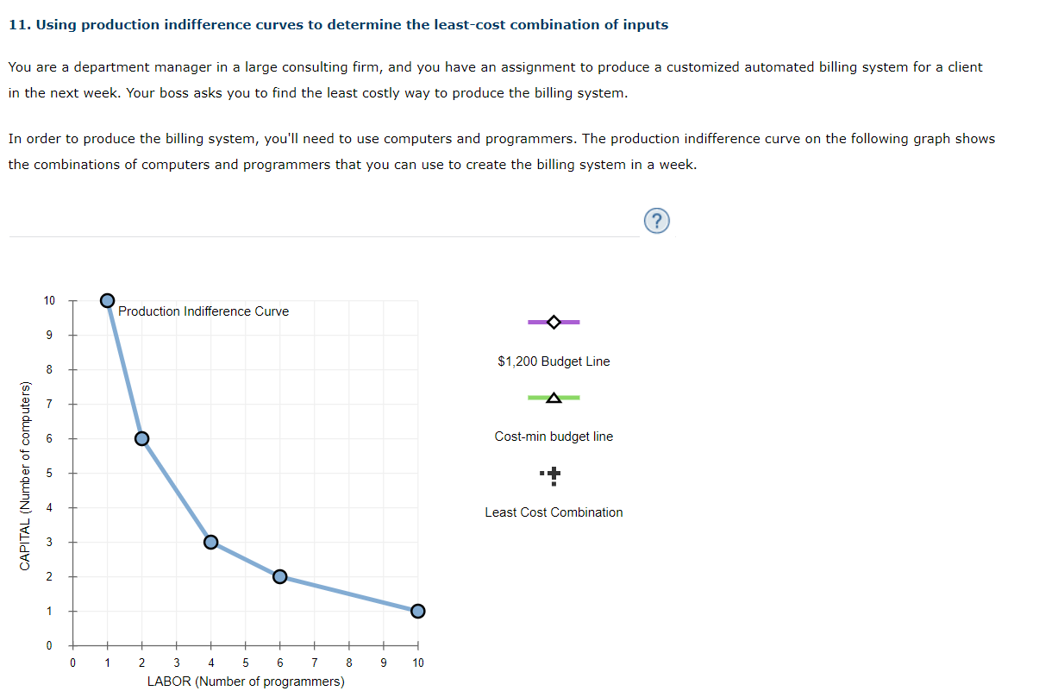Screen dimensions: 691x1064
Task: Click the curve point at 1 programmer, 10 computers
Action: coord(107,300)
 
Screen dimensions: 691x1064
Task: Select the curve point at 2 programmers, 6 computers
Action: coord(142,438)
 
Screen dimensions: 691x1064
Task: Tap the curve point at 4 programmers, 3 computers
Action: coord(210,542)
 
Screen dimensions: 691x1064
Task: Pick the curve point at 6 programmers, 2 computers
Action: coord(279,576)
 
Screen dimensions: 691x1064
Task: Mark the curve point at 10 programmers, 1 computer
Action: coord(418,611)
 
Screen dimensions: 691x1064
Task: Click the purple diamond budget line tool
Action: coord(554,322)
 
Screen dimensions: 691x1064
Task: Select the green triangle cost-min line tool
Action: coord(554,398)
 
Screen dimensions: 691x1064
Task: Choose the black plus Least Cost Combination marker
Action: coord(554,474)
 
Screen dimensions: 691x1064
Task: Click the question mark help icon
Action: coord(655,222)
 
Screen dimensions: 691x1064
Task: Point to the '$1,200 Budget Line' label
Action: coord(554,361)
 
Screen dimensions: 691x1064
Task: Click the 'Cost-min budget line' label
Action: coord(554,437)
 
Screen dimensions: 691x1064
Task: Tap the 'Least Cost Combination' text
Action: coord(554,512)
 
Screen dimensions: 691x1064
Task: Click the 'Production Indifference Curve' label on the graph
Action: coord(203,311)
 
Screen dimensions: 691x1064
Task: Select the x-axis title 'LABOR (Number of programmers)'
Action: coord(246,682)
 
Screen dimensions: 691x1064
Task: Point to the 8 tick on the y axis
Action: coord(49,369)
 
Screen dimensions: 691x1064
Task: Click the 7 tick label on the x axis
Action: coord(314,663)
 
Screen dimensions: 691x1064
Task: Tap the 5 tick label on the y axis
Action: coord(49,473)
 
